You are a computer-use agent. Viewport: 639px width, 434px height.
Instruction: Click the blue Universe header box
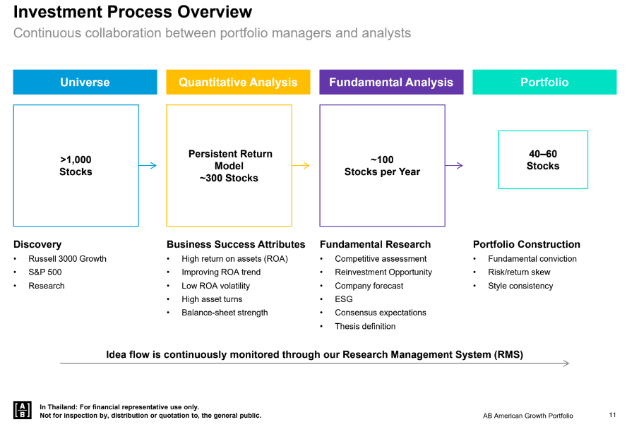click(85, 82)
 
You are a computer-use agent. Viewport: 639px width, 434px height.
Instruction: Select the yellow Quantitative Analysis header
click(238, 82)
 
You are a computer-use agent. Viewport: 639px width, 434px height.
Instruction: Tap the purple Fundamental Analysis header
click(391, 82)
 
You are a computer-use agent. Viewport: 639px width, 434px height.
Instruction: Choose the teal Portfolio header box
click(544, 82)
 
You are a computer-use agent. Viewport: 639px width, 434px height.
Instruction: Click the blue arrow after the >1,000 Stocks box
click(148, 166)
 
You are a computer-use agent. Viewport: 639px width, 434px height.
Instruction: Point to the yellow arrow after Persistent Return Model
click(301, 166)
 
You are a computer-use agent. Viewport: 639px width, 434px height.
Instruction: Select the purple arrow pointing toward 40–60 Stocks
click(454, 166)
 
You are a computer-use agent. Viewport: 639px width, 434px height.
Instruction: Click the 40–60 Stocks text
click(543, 160)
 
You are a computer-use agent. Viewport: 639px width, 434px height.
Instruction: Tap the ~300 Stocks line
click(229, 179)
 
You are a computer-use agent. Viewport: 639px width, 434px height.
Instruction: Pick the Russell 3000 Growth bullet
click(67, 259)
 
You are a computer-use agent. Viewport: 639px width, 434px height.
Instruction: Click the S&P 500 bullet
click(44, 272)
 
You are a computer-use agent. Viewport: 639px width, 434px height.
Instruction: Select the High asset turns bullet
click(212, 299)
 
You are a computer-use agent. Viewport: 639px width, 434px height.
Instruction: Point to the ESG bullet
click(344, 299)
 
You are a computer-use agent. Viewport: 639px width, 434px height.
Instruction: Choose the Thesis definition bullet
click(365, 327)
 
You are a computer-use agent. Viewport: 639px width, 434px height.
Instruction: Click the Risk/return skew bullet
click(519, 272)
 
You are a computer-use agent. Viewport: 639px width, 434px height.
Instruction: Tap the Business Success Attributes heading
click(236, 244)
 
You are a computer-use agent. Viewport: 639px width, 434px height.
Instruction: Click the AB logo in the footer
click(23, 410)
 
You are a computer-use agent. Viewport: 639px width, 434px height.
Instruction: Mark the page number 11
click(612, 415)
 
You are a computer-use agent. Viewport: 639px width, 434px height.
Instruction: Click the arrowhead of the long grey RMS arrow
click(567, 363)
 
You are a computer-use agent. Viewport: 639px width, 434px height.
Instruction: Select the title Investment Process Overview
click(133, 12)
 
